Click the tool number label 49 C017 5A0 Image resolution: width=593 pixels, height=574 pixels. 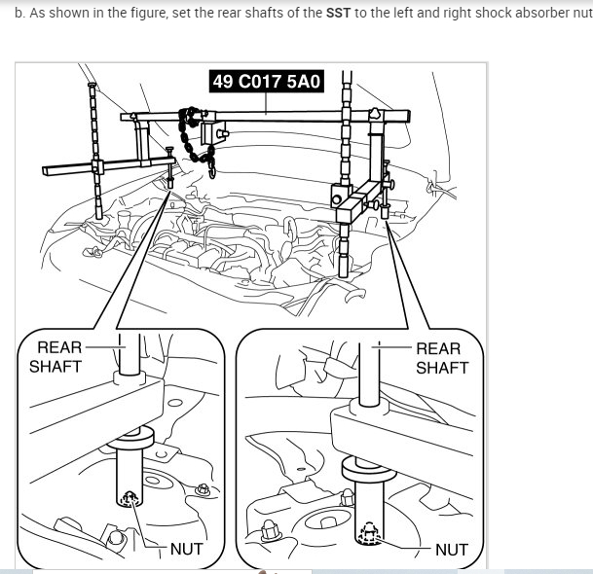[266, 81]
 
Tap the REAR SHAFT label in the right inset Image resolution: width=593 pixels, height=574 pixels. [441, 357]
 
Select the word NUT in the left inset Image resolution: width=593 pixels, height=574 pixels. [186, 549]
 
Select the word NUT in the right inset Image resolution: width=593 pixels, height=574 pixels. [451, 549]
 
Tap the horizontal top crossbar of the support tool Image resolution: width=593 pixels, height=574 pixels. [273, 116]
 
